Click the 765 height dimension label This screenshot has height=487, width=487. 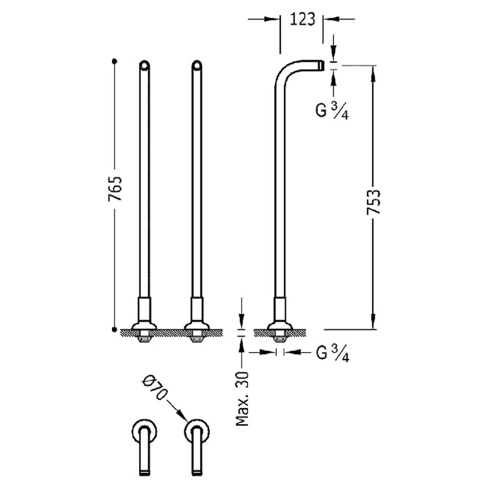(x=115, y=189)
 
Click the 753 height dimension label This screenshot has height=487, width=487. (x=373, y=202)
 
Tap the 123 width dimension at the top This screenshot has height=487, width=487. (x=302, y=19)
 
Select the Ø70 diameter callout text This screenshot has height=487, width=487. (x=154, y=388)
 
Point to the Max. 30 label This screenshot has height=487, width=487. (x=242, y=399)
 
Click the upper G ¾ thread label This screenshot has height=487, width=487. (x=332, y=111)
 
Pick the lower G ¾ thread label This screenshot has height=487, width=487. (x=333, y=353)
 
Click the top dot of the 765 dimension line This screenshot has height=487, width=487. (x=115, y=61)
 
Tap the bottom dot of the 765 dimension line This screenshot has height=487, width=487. (x=115, y=329)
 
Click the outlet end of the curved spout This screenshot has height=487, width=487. (x=322, y=65)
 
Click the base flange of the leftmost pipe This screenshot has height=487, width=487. (x=144, y=326)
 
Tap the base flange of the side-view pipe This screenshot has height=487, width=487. (x=280, y=326)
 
